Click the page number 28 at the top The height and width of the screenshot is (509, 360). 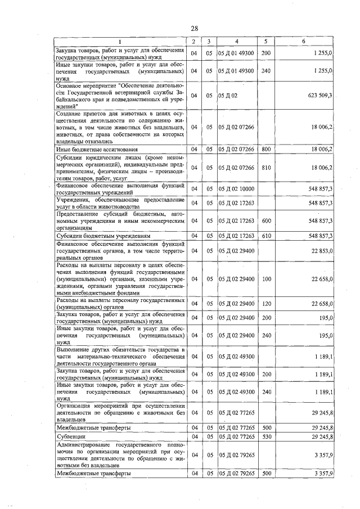click(195, 29)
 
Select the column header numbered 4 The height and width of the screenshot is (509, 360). click(237, 42)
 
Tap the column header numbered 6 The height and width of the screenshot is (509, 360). click(304, 42)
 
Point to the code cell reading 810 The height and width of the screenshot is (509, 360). click(266, 168)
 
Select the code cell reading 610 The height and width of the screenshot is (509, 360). click(266, 236)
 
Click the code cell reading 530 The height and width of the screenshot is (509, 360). click(266, 436)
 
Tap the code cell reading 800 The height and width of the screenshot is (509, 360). click(266, 149)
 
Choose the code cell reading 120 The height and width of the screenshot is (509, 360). click(266, 304)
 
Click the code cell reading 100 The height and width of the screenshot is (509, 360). click(266, 278)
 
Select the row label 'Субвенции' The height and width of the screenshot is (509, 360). click(70, 436)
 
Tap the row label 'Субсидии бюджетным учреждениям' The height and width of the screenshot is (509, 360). click(96, 236)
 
